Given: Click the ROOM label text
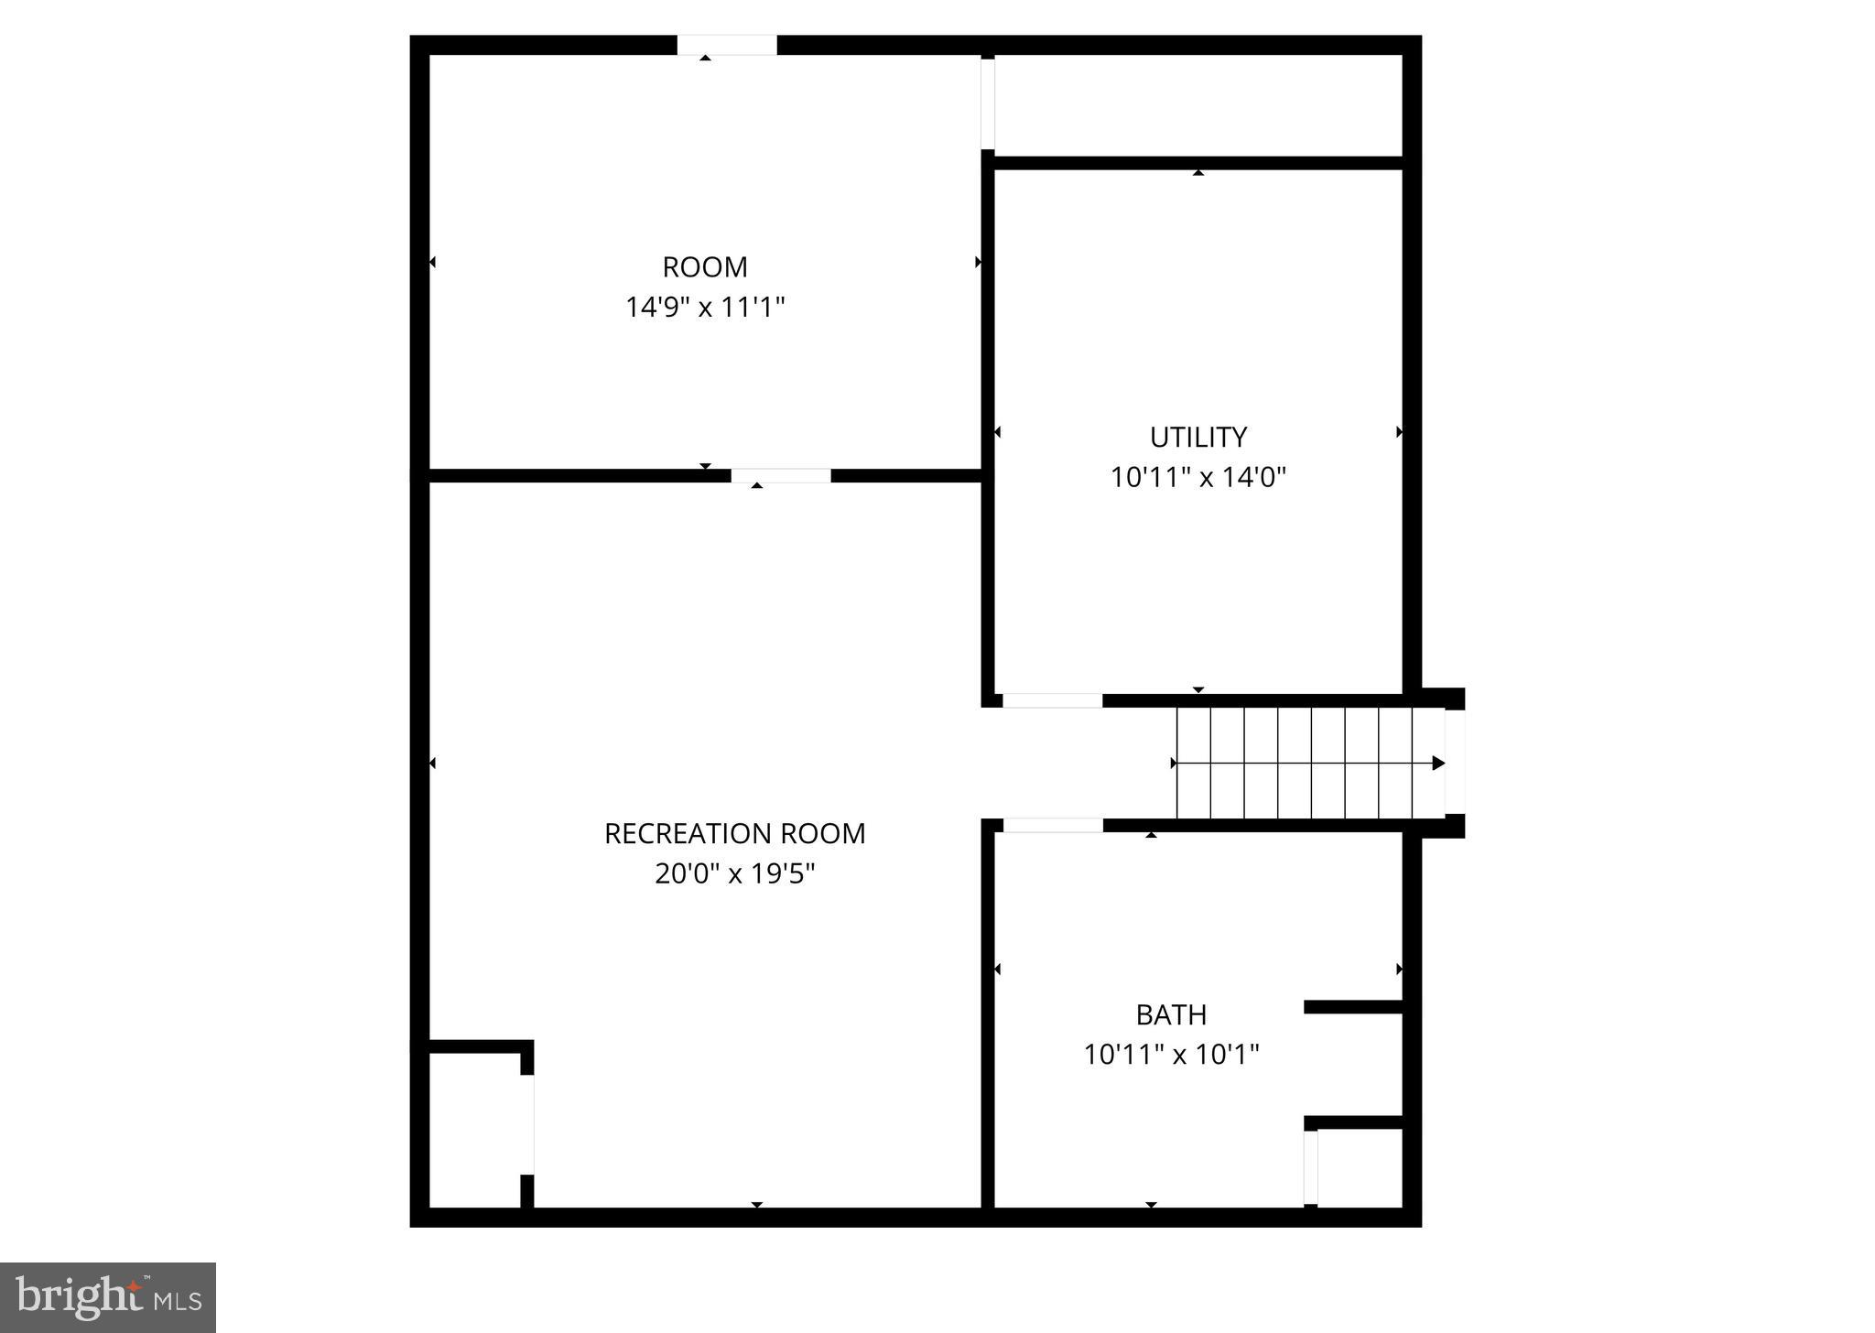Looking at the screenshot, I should click(705, 267).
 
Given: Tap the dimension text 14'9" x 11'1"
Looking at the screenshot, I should click(705, 307).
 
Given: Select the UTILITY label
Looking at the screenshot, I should click(1198, 438).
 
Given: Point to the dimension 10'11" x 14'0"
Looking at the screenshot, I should click(1198, 477).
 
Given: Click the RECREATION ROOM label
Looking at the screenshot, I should click(734, 834).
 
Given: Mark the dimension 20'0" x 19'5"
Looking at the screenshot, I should click(734, 874).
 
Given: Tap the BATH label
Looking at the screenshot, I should click(1171, 1014).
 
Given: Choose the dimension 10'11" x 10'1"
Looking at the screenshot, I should click(1171, 1055).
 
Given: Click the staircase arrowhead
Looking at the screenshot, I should click(1438, 763).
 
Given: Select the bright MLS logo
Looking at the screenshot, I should click(108, 1297).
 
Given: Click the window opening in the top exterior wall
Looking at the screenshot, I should click(727, 45).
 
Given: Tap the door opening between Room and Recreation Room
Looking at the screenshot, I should click(780, 475).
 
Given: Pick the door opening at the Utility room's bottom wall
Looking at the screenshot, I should click(1053, 700).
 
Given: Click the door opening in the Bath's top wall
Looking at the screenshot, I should click(1053, 825).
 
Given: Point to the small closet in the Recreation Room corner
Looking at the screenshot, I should click(474, 1129).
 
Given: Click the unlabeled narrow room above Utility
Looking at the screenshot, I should click(1198, 105).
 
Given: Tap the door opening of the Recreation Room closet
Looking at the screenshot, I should click(527, 1123).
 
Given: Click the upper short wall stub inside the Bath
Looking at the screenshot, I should click(1352, 1007).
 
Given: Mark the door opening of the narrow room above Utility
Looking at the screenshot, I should click(988, 103).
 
